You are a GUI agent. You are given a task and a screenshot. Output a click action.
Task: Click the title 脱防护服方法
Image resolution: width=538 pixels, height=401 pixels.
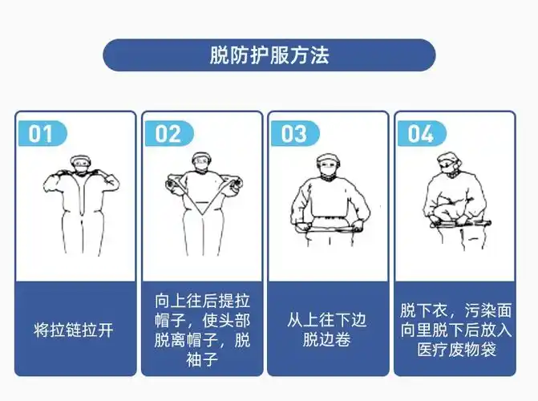tap(269, 55)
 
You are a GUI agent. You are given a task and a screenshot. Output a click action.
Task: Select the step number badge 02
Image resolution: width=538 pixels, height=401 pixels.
tap(168, 133)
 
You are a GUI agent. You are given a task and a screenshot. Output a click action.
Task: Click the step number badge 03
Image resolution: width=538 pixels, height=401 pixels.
tap(293, 133)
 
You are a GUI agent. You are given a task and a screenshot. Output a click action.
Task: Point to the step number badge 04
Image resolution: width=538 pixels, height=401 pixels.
tap(420, 133)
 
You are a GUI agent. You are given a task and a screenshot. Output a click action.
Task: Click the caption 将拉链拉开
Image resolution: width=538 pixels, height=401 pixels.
tap(74, 330)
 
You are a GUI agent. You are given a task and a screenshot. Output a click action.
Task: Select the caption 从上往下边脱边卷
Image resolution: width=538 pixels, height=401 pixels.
tap(327, 330)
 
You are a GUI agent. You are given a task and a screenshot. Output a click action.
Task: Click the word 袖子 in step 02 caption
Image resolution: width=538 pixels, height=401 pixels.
tap(202, 359)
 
